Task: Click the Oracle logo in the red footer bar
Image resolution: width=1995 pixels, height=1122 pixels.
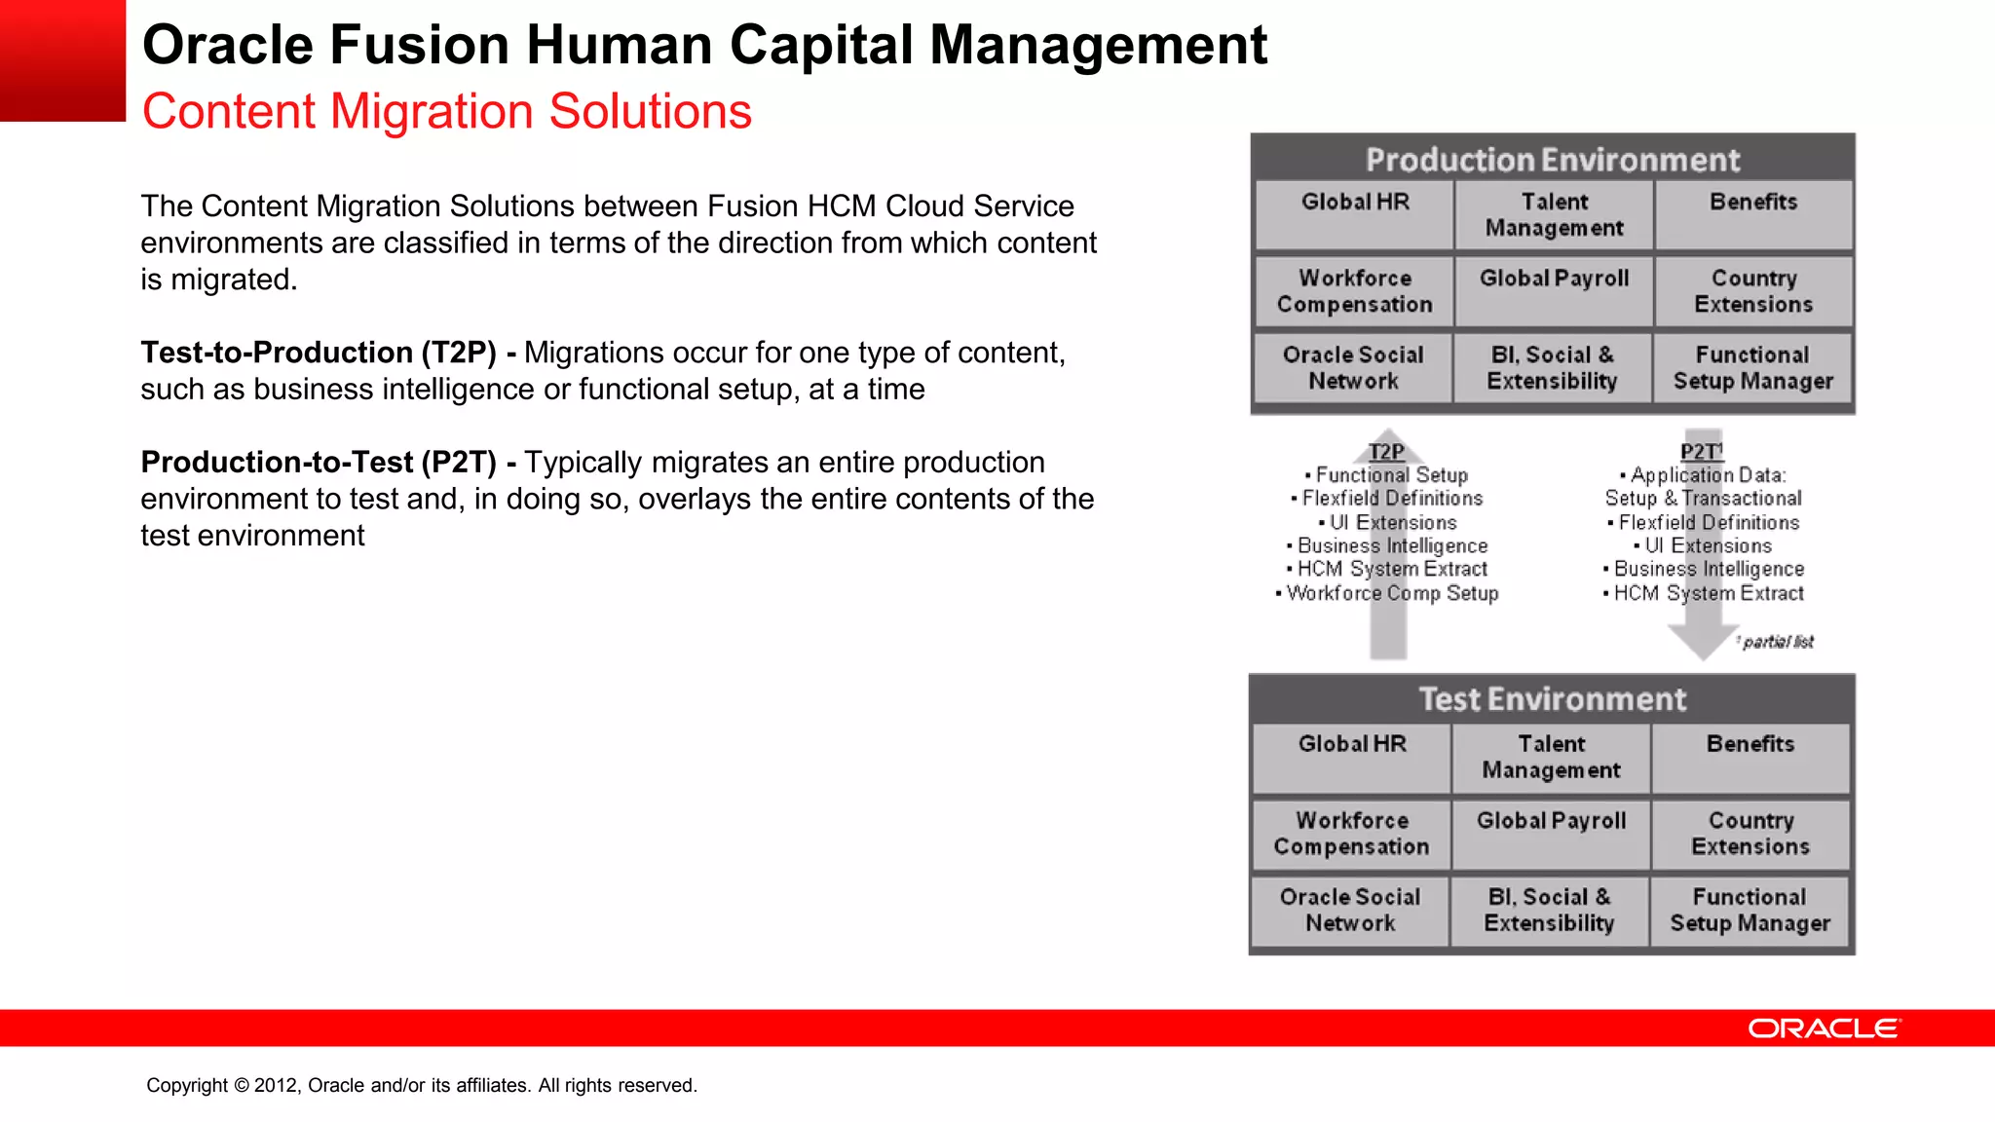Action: coord(1824,1028)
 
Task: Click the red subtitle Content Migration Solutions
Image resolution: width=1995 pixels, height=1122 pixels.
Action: coord(447,111)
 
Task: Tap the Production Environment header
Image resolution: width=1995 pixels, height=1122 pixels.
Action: coord(1552,159)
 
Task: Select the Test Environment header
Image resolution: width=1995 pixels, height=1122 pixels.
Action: coord(1552,699)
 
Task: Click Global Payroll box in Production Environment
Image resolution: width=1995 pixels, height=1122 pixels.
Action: coord(1554,289)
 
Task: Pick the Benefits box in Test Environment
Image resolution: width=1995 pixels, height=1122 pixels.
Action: coord(1750,756)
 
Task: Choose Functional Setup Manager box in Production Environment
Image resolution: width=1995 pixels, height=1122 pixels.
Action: coord(1752,368)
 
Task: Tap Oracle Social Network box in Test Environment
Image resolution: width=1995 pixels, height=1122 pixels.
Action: coord(1350,910)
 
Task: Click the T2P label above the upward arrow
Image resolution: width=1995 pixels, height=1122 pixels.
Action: coord(1386,451)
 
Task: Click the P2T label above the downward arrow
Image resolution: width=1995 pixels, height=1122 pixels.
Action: coord(1701,451)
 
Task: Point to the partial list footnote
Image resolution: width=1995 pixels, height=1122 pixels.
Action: coord(1777,642)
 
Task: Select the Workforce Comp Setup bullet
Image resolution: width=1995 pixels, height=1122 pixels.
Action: coord(1390,593)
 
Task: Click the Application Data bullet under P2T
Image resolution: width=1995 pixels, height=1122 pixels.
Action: coord(1706,475)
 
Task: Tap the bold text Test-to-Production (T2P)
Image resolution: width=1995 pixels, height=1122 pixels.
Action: coord(319,353)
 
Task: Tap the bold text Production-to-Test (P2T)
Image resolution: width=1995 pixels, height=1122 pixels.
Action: coord(319,463)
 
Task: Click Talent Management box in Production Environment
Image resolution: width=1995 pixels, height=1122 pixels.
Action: coord(1554,214)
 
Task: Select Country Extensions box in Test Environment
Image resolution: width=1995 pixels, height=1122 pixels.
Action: coord(1750,833)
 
